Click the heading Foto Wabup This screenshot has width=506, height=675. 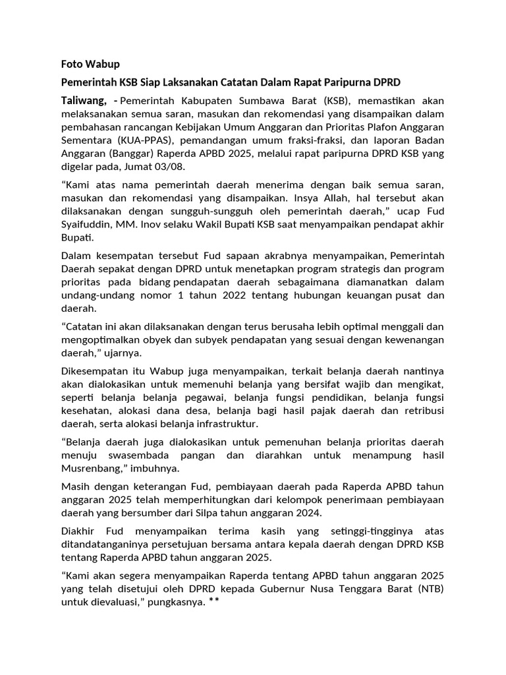click(91, 64)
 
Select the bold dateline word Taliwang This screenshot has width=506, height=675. click(83, 101)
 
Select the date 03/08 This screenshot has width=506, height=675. click(170, 167)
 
